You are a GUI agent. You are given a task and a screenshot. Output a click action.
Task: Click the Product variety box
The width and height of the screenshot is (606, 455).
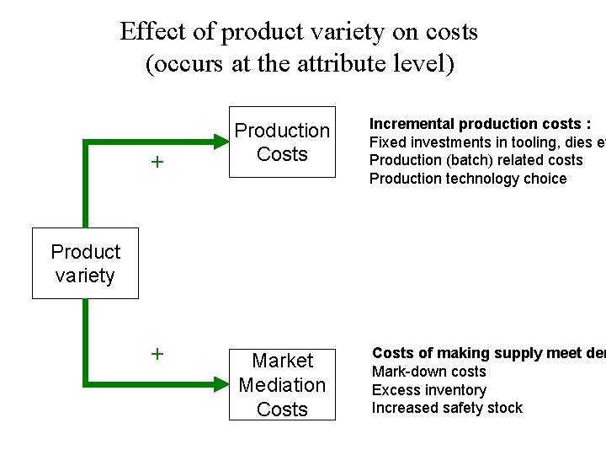click(x=85, y=263)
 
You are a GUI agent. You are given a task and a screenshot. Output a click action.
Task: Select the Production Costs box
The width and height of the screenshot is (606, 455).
click(x=282, y=142)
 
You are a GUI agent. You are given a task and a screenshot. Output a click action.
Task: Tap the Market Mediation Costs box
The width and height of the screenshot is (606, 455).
click(x=282, y=384)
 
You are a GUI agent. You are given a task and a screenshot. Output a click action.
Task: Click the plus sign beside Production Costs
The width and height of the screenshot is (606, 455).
click(x=157, y=162)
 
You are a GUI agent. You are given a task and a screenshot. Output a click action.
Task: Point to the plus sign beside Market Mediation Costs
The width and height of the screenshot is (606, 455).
click(x=157, y=354)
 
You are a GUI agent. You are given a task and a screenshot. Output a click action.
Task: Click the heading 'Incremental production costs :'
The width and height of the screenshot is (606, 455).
click(x=481, y=124)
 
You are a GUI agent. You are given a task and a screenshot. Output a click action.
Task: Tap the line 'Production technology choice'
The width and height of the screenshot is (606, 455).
click(x=468, y=179)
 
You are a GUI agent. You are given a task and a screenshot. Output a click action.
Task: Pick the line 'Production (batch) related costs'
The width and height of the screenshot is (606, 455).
click(x=476, y=160)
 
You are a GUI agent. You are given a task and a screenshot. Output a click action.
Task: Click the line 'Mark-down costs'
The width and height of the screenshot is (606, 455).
click(x=429, y=372)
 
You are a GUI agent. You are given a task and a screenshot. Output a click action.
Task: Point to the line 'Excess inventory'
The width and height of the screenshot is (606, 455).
click(x=429, y=390)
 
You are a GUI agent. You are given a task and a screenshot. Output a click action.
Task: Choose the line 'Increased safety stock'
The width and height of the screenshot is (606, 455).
click(x=447, y=408)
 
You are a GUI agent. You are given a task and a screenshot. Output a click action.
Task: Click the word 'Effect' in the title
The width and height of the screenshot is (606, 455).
click(x=150, y=32)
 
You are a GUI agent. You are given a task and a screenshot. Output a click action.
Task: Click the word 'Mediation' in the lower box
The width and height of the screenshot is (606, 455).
click(x=282, y=385)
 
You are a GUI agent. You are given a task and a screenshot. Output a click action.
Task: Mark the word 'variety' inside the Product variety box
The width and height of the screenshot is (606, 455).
click(x=85, y=276)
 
